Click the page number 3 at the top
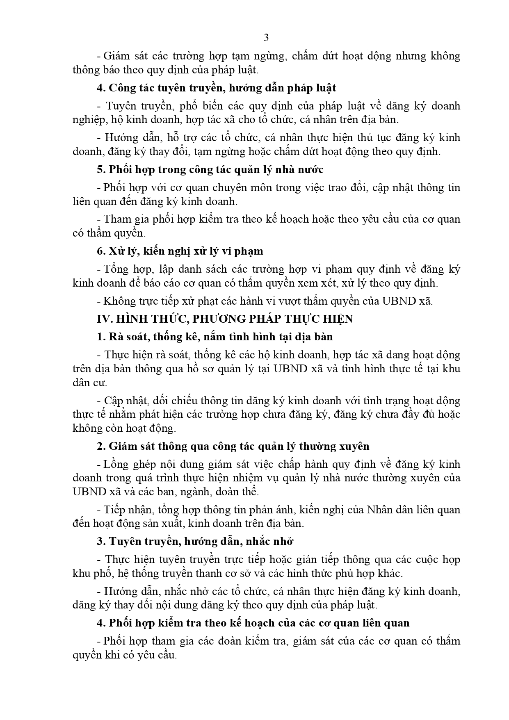coord(266,38)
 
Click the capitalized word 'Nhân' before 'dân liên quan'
coord(380,510)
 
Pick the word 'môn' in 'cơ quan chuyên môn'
coord(270,187)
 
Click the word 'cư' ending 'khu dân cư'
coord(100,383)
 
